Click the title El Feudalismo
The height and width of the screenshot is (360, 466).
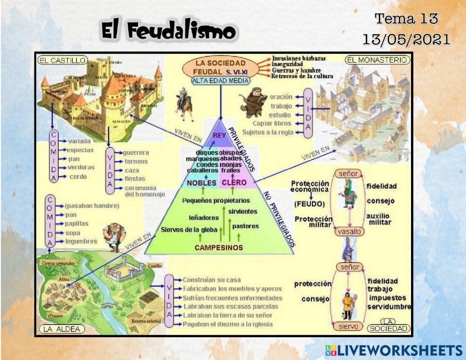(x=169, y=32)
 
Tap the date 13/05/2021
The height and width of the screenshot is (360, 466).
(x=406, y=39)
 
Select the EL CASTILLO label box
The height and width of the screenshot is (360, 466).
(x=63, y=60)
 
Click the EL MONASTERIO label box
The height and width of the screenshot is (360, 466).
(x=377, y=60)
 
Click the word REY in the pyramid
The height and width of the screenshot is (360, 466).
(x=219, y=135)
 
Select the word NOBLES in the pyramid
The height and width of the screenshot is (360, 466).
(x=202, y=183)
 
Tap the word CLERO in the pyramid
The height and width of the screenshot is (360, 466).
(x=234, y=183)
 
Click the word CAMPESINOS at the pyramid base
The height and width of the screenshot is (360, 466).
(x=219, y=248)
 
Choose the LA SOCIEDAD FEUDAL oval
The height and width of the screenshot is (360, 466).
(x=220, y=67)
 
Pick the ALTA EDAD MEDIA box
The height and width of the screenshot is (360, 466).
(x=220, y=80)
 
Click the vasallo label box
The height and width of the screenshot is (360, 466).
(x=348, y=231)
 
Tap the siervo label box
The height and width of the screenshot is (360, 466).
(x=348, y=326)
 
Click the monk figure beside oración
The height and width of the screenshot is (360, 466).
(x=254, y=102)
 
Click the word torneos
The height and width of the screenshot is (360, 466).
(x=136, y=161)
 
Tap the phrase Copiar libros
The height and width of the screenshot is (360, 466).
(x=272, y=124)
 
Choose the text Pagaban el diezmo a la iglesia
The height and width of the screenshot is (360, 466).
(x=227, y=324)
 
